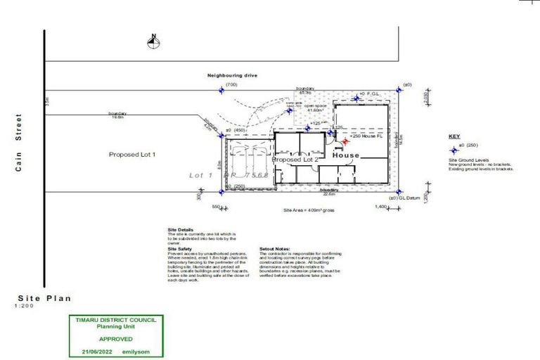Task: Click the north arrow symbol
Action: [152, 42]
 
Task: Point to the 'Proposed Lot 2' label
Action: [296, 160]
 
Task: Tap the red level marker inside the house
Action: [345, 142]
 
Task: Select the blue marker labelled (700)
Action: [221, 90]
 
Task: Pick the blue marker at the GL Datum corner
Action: [398, 191]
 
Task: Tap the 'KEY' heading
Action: [453, 136]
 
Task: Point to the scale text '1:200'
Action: [24, 307]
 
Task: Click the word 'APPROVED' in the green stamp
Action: [115, 338]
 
